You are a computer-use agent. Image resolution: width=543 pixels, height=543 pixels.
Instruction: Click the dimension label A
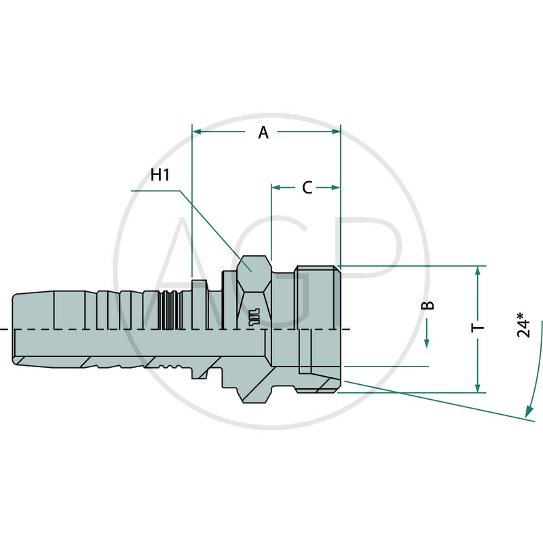263,133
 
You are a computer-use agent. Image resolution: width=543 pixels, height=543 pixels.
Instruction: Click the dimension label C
307,188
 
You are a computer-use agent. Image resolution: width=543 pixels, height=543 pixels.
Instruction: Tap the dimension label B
428,305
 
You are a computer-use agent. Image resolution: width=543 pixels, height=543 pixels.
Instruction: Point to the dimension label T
479,328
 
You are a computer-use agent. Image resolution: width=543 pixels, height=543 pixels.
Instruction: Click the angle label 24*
523,324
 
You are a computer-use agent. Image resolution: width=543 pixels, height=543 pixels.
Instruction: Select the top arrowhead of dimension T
479,271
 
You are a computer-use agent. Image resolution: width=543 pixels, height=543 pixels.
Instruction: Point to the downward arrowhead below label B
428,343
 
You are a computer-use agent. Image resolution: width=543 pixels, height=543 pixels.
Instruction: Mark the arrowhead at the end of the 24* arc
527,411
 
